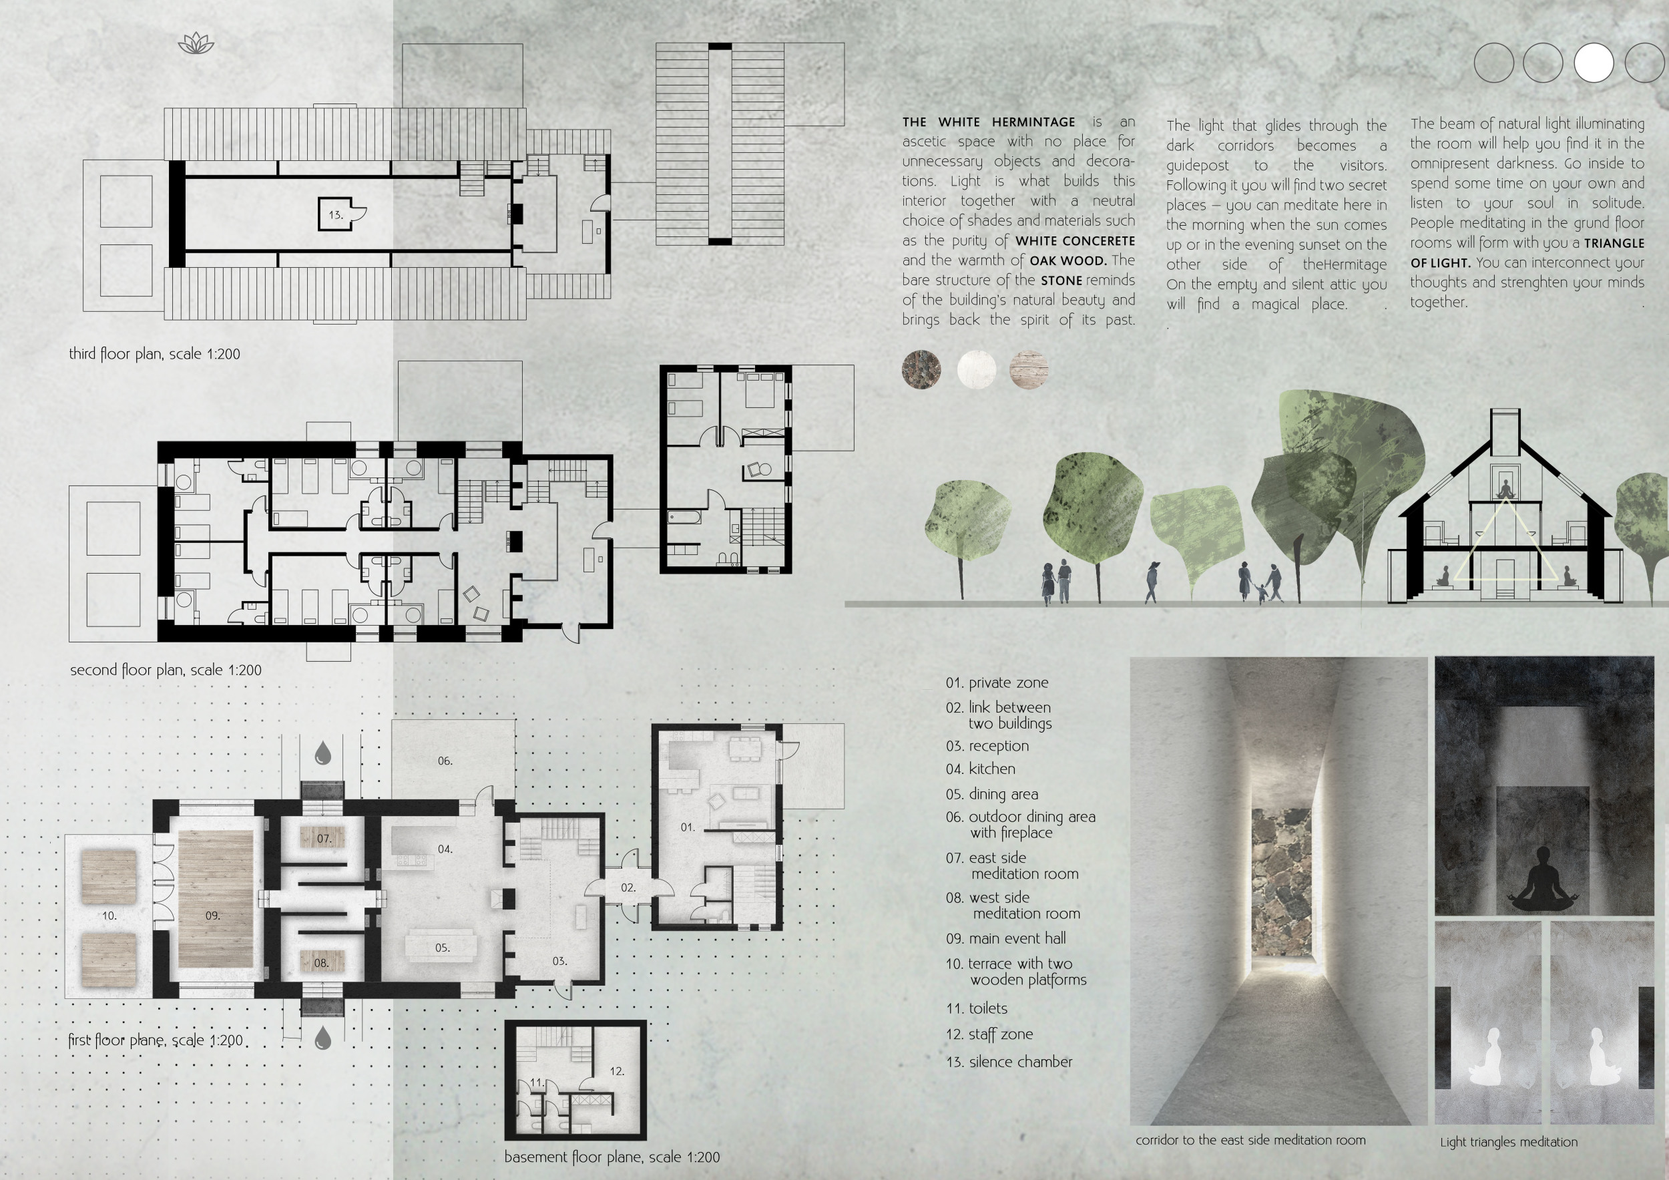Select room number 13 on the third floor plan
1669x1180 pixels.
pos(335,214)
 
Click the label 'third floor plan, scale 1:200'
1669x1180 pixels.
pos(154,354)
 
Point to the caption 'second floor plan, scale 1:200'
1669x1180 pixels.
pos(166,670)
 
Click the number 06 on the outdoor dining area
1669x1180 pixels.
pos(445,761)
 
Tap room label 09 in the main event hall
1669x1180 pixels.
pos(212,916)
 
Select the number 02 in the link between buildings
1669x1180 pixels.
pos(628,887)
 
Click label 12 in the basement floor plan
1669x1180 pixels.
pos(617,1070)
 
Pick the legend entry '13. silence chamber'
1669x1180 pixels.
pos(1009,1062)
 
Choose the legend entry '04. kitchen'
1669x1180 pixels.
pos(981,769)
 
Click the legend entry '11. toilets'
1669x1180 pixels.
pos(976,1008)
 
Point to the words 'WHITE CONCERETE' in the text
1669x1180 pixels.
pos(1075,240)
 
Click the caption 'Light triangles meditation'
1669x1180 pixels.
pos(1509,1142)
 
